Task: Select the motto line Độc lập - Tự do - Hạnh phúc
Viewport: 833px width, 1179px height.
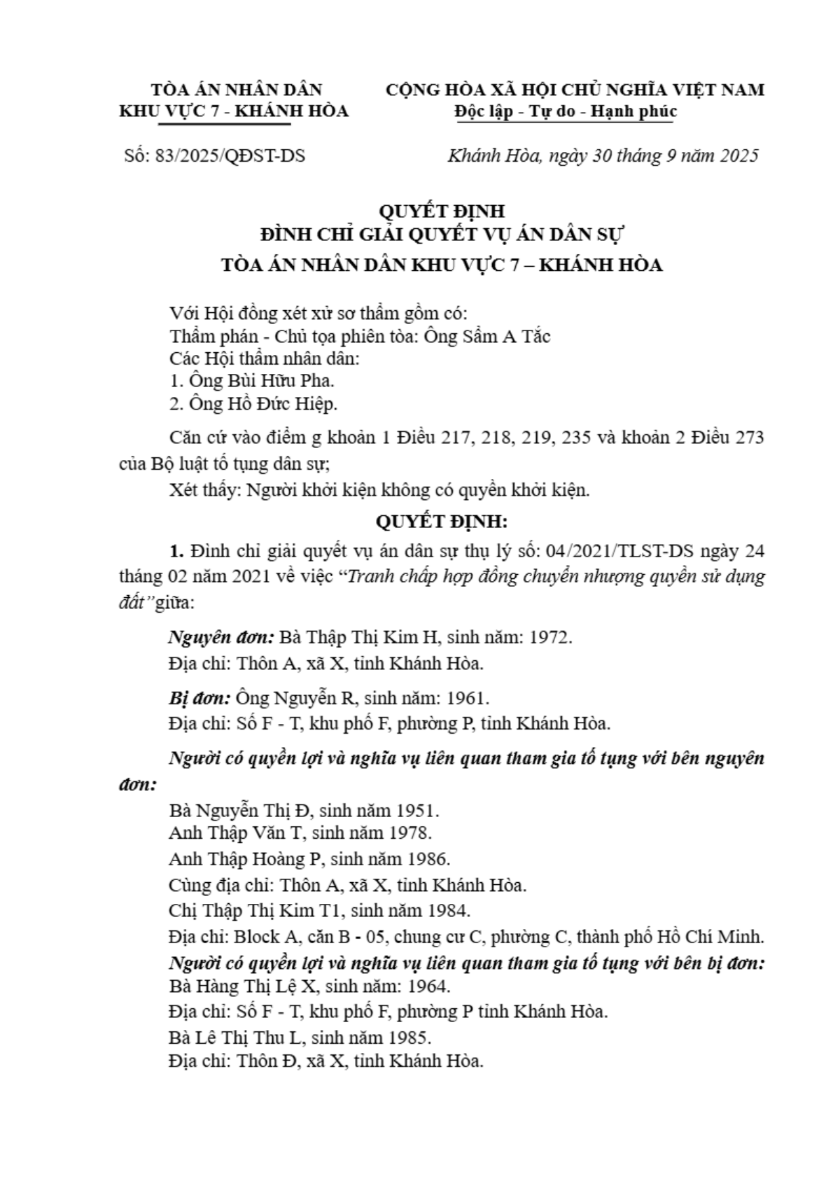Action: tap(565, 111)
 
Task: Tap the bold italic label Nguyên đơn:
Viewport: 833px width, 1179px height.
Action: tap(221, 637)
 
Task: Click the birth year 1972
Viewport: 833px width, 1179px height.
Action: tap(550, 637)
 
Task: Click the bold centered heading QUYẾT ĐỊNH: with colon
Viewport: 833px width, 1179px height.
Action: tap(441, 522)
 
